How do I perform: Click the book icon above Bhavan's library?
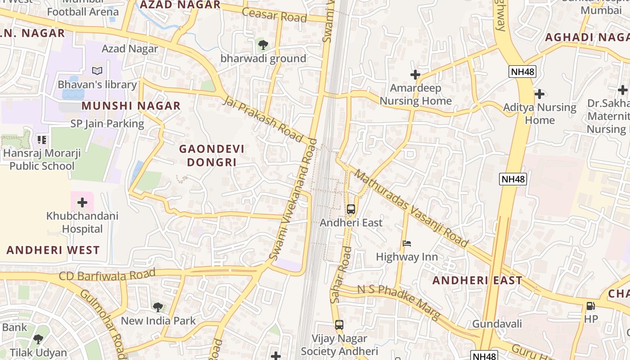click(x=97, y=71)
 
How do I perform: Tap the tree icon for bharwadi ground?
click(x=263, y=45)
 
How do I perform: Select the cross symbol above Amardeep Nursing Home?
click(x=415, y=75)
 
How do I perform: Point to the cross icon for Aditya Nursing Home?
click(x=540, y=94)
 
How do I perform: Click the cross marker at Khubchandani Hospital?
click(x=82, y=202)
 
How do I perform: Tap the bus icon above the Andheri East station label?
click(x=351, y=209)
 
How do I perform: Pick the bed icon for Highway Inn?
click(x=407, y=243)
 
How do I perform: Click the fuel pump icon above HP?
click(x=590, y=306)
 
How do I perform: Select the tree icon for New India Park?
click(x=158, y=307)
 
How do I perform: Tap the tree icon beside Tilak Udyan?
click(x=38, y=339)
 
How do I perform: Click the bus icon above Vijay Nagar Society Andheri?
click(x=339, y=324)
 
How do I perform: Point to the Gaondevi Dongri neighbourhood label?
click(x=211, y=155)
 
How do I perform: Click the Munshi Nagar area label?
click(x=131, y=106)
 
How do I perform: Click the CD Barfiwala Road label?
click(x=107, y=274)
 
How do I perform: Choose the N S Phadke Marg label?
click(x=399, y=302)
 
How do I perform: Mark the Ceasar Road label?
click(x=274, y=15)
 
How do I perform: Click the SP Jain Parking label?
click(x=107, y=124)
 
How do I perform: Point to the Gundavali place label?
click(x=497, y=324)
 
